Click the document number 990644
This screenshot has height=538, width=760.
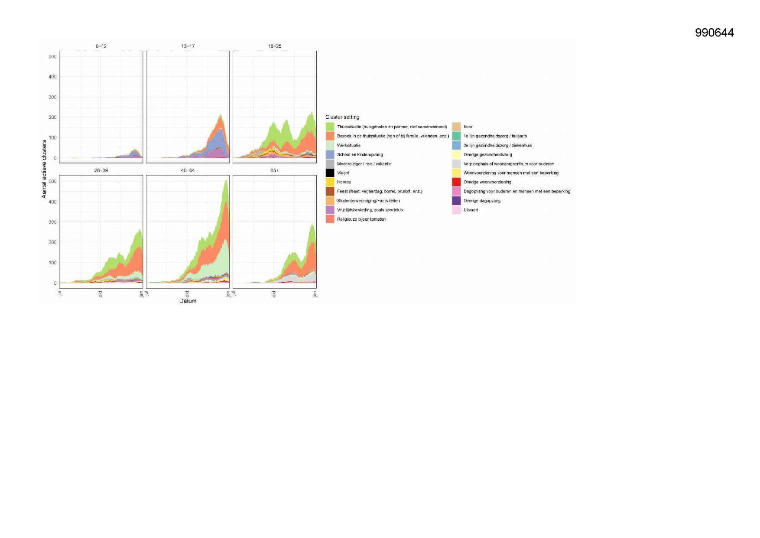click(x=714, y=33)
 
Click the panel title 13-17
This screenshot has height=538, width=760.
click(x=188, y=46)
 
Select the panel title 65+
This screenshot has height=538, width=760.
click(x=274, y=170)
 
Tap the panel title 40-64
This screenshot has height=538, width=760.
click(x=188, y=170)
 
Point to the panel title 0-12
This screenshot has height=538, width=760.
click(x=101, y=46)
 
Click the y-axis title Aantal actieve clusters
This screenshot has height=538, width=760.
click(x=44, y=169)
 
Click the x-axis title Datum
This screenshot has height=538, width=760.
click(x=188, y=301)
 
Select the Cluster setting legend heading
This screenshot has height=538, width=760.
click(x=342, y=117)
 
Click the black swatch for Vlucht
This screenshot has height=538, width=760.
click(x=330, y=173)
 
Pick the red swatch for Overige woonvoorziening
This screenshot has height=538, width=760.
click(x=456, y=182)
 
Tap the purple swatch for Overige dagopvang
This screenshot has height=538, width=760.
click(x=456, y=201)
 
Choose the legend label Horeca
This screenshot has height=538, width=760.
click(x=344, y=182)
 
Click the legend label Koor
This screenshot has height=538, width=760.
click(x=468, y=127)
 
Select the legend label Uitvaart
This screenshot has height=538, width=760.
click(x=471, y=210)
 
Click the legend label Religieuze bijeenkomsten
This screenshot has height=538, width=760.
click(x=361, y=219)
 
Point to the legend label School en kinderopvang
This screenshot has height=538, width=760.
click(x=360, y=155)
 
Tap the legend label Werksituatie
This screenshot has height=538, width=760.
click(x=348, y=146)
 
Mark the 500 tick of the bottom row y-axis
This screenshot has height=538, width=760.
click(x=52, y=182)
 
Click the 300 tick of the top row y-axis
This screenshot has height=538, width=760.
click(x=52, y=97)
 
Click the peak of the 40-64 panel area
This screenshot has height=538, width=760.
click(x=226, y=180)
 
